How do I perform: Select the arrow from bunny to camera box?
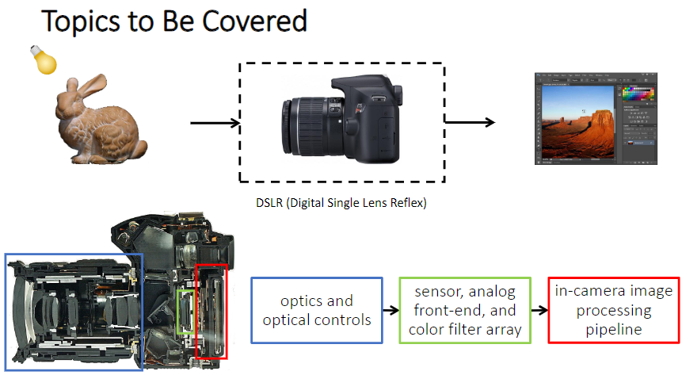214,123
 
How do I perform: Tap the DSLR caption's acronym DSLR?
265,203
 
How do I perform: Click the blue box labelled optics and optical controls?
317,310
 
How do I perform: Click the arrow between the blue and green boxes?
391,310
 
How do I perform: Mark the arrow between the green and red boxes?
539,310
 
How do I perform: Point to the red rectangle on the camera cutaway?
211,311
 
